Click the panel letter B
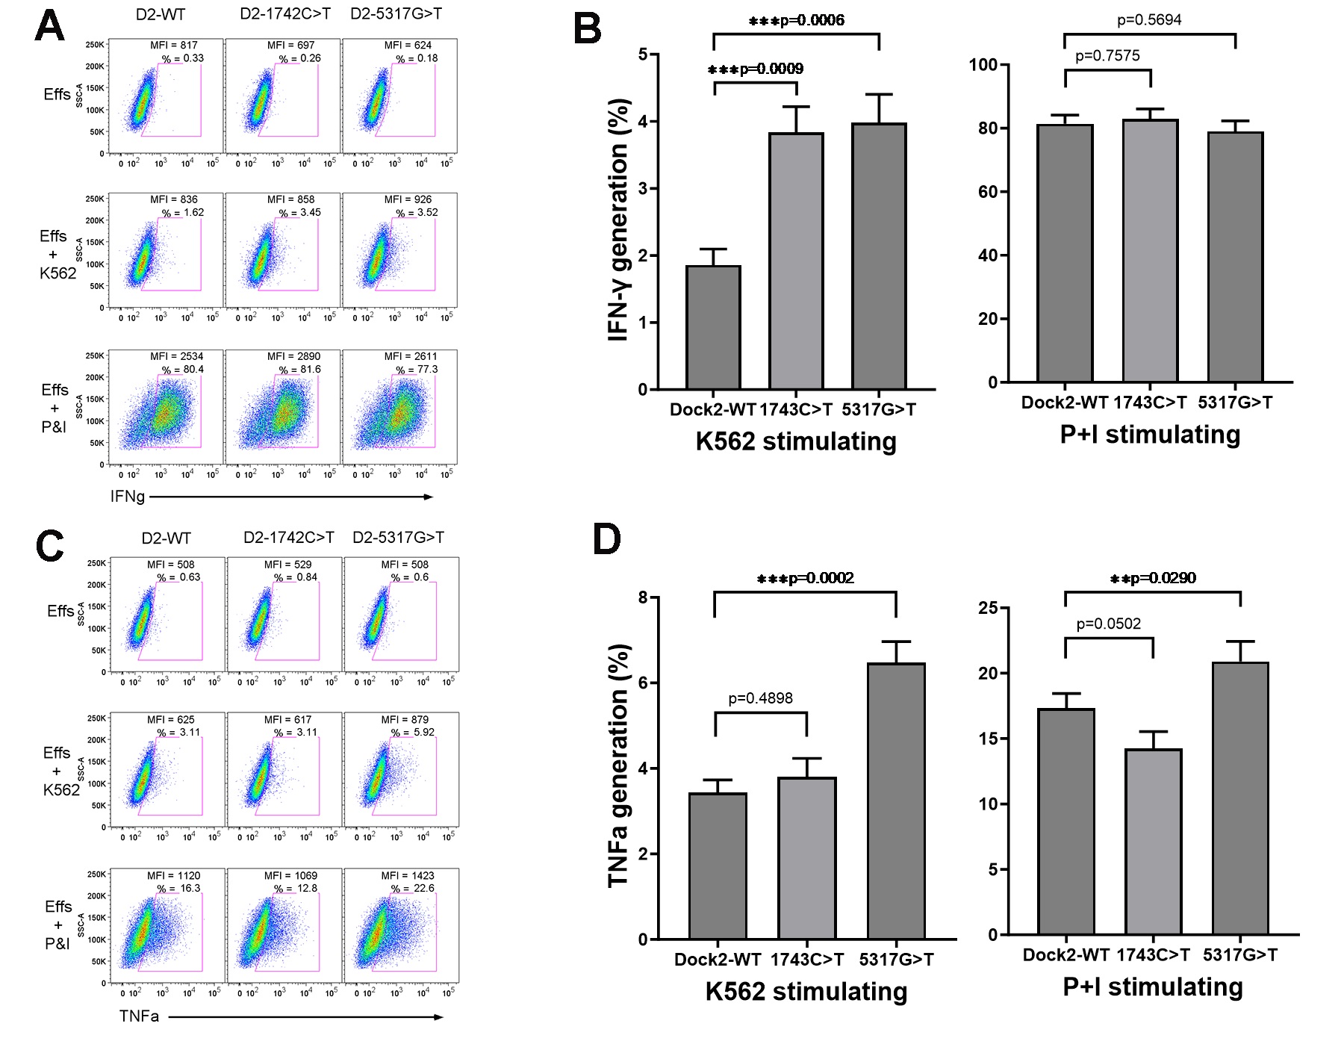tap(587, 30)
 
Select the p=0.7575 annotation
tap(1107, 56)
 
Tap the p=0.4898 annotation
tap(760, 698)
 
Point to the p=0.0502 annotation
tap(1108, 624)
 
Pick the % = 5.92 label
tap(413, 732)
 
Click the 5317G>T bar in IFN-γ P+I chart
tap(1235, 257)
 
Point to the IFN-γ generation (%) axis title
tap(619, 220)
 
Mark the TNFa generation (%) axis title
tap(619, 765)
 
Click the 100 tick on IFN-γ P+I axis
tap(983, 65)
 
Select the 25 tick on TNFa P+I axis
tap(988, 608)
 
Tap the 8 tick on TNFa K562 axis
tap(643, 597)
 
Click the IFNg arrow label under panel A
tap(128, 497)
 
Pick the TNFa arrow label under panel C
tap(139, 1016)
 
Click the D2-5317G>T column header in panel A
tap(396, 14)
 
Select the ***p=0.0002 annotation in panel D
tap(805, 578)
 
